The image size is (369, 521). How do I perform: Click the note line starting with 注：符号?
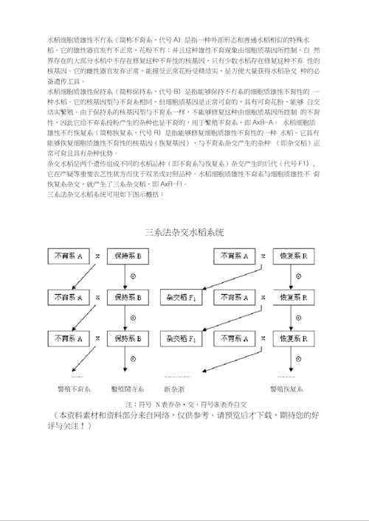click(184, 404)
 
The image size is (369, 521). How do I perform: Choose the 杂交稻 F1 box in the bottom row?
click(181, 338)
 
